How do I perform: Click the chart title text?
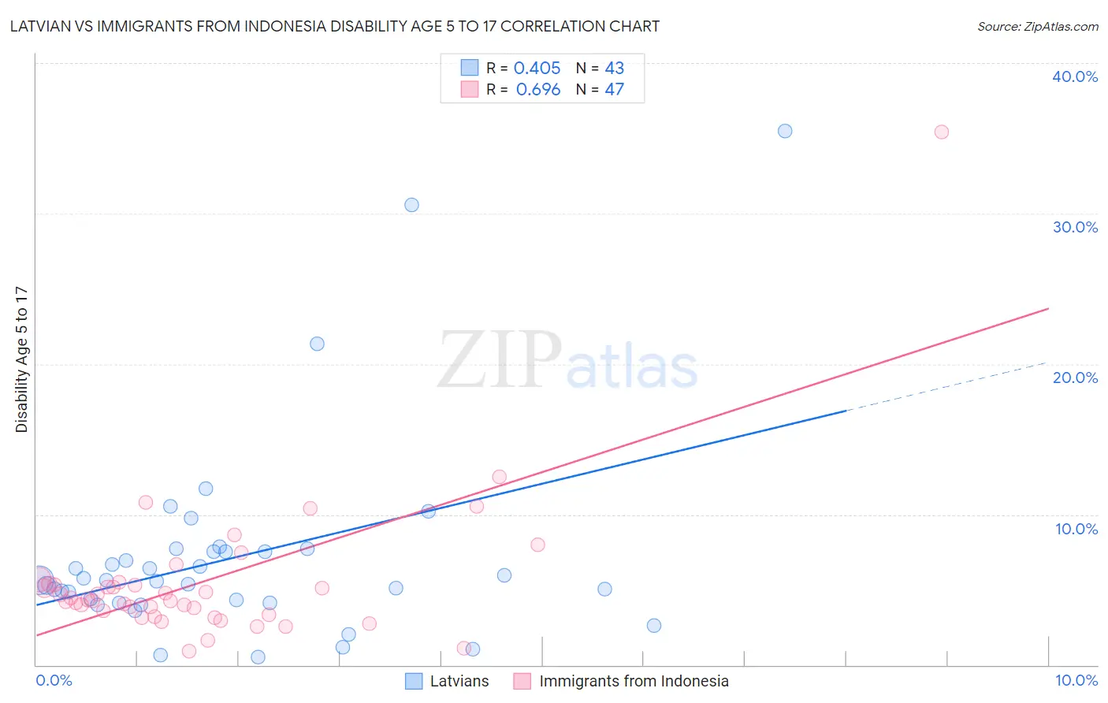click(334, 26)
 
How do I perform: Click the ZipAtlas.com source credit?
click(1037, 26)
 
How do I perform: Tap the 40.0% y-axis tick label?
click(1075, 76)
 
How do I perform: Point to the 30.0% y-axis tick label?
click(1075, 227)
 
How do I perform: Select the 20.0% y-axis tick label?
click(1075, 378)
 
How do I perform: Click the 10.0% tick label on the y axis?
click(1076, 529)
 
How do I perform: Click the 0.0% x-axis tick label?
click(54, 680)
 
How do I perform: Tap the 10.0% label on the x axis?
click(1076, 680)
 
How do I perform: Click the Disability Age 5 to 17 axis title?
click(22, 359)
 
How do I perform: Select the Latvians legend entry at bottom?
click(459, 681)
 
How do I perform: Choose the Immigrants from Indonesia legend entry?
click(634, 681)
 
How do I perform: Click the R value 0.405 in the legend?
click(537, 69)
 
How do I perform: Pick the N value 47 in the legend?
click(614, 90)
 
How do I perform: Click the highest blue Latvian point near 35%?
click(785, 131)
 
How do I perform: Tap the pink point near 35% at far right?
click(941, 132)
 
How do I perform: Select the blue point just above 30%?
click(411, 205)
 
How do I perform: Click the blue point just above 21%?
click(317, 344)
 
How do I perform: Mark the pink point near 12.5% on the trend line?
click(499, 477)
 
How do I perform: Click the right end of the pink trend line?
click(1048, 308)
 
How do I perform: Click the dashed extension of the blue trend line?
click(946, 387)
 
